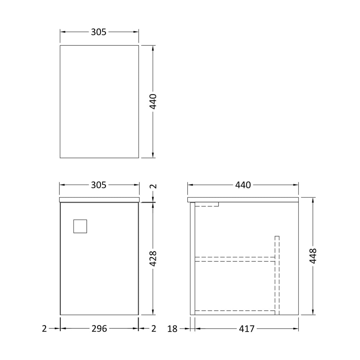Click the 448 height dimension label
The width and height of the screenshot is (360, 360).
[x=313, y=256]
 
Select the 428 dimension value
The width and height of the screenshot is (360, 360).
[x=153, y=259]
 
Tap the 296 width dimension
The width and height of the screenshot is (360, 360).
[x=99, y=329]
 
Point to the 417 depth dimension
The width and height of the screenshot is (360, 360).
[x=247, y=329]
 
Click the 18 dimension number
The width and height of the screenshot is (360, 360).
[x=172, y=329]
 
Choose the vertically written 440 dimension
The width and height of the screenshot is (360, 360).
[x=153, y=102]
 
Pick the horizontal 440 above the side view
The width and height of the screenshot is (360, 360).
[x=243, y=185]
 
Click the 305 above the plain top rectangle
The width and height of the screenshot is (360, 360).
[x=99, y=32]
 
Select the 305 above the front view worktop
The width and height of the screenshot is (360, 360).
[x=99, y=185]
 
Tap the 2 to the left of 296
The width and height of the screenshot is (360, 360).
[x=44, y=329]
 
